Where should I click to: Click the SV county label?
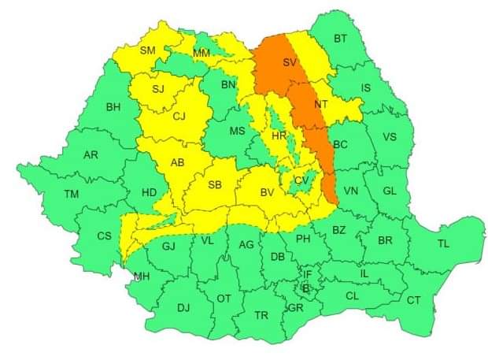click(290, 62)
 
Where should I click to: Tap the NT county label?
click(320, 103)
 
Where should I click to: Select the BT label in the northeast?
click(340, 39)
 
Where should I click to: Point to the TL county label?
click(443, 243)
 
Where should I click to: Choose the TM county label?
click(72, 194)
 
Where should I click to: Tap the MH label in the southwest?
click(142, 276)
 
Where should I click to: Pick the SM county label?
click(148, 50)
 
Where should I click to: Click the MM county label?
click(201, 53)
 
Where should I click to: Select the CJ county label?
click(179, 117)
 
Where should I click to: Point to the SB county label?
click(214, 185)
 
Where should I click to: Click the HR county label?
click(279, 135)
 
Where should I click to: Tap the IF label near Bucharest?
click(308, 275)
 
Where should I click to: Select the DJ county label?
click(183, 308)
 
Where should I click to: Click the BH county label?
click(113, 107)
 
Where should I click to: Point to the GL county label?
click(390, 191)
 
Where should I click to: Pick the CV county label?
click(301, 180)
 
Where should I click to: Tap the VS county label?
click(389, 137)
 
